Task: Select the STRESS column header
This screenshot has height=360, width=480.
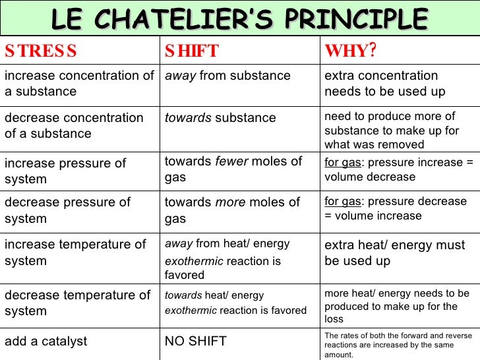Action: pyautogui.click(x=41, y=51)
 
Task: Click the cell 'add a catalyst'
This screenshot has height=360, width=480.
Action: pyautogui.click(x=45, y=341)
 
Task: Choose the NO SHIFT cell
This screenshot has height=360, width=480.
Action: pyautogui.click(x=195, y=341)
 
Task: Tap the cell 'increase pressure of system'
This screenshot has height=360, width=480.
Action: pyautogui.click(x=65, y=171)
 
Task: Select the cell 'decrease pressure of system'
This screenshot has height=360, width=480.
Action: pyautogui.click(x=67, y=210)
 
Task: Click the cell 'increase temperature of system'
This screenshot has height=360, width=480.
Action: pyautogui.click(x=75, y=253)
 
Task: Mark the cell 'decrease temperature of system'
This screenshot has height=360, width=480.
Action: pyautogui.click(x=77, y=303)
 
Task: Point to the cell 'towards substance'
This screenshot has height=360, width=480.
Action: pyautogui.click(x=220, y=118)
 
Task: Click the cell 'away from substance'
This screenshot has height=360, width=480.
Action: pyautogui.click(x=227, y=76)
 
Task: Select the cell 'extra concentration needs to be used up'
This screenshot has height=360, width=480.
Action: pyautogui.click(x=384, y=84)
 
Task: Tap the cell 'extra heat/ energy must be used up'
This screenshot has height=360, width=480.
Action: pyautogui.click(x=394, y=253)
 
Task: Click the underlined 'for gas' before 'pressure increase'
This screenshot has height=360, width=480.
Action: pyautogui.click(x=342, y=162)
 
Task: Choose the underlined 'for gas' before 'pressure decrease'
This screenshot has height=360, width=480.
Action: pyautogui.click(x=342, y=202)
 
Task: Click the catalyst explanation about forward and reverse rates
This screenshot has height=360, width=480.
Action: pyautogui.click(x=398, y=345)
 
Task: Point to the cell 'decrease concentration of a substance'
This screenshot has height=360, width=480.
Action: pyautogui.click(x=74, y=125)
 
